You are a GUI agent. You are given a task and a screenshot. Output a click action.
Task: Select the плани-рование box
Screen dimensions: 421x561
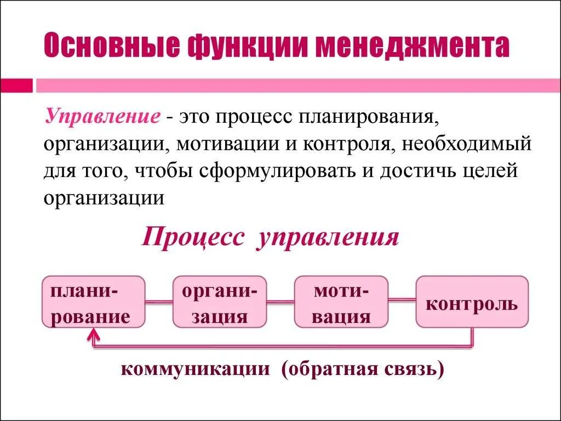tap(94, 302)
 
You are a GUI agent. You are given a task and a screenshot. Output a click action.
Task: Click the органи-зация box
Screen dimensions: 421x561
tap(220, 302)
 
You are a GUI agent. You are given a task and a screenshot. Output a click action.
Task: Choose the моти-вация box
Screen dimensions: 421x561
tap(341, 302)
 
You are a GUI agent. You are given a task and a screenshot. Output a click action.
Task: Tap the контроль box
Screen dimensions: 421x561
tap(472, 302)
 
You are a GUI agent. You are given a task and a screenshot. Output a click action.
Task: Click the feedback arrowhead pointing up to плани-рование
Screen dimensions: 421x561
tap(94, 333)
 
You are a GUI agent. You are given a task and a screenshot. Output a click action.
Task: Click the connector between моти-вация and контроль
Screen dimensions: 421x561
tap(402, 300)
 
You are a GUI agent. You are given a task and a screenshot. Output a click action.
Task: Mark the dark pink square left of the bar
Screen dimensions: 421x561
tap(16, 86)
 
